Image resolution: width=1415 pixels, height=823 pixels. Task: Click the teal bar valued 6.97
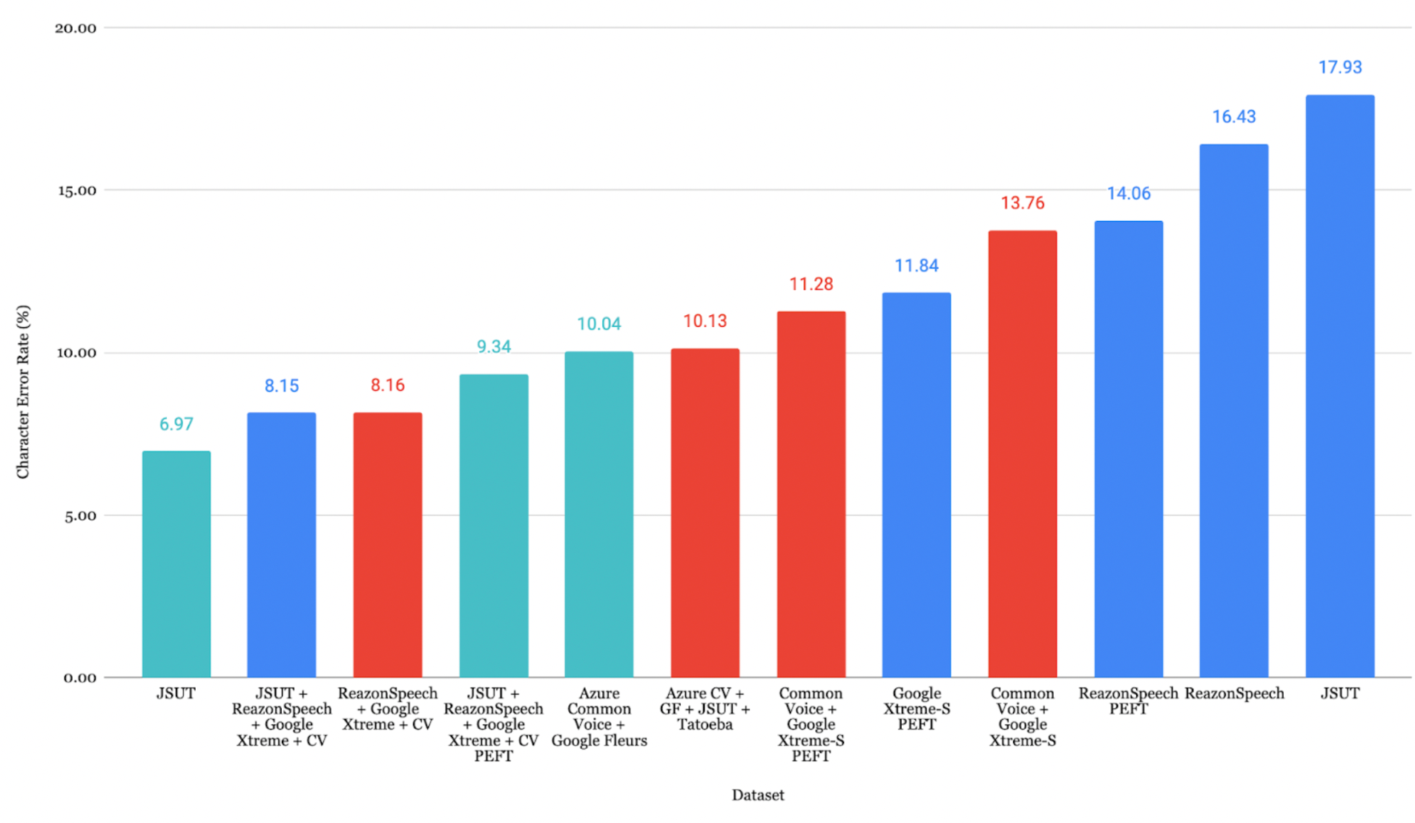coord(176,563)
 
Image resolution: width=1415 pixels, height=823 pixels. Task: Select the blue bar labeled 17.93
coord(1339,386)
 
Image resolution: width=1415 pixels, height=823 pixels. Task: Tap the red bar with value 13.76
coord(1022,454)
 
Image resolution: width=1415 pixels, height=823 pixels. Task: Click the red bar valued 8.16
coord(387,544)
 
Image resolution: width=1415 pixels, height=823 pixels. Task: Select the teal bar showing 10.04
coord(598,514)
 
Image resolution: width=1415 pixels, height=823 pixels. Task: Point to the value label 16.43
coord(1233,116)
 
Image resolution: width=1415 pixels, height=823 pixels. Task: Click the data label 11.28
coord(811,284)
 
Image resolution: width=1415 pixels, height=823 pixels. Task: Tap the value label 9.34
coord(493,346)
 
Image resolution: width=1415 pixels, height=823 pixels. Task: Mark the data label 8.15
coord(281,386)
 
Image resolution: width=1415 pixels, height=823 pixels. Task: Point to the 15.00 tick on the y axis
coord(77,191)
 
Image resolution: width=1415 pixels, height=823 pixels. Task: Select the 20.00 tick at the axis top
coord(76,28)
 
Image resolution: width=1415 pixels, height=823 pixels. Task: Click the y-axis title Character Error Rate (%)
coord(23,391)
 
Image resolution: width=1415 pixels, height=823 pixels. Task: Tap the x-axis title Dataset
coord(757,795)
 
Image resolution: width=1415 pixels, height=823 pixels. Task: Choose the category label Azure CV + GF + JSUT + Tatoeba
coord(705,709)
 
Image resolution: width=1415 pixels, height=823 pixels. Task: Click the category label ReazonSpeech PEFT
coord(1127,701)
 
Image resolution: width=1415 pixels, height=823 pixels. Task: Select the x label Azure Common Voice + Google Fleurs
coord(598,716)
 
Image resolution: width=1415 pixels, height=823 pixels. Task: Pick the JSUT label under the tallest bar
coord(1339,693)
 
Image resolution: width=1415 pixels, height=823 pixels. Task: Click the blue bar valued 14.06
coord(1128,449)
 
